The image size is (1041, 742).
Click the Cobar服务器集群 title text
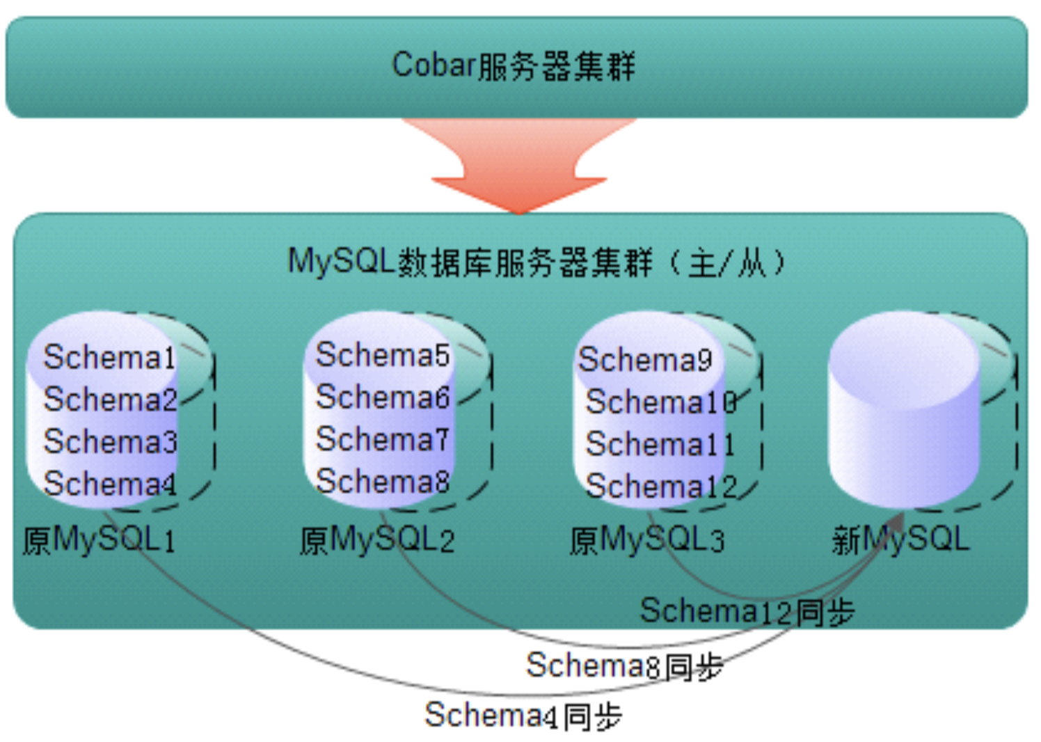[x=514, y=65]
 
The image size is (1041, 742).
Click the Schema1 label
[x=110, y=357]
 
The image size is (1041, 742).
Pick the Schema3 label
[x=110, y=441]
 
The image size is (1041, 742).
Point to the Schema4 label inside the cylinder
[x=110, y=484]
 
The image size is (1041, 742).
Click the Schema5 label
[x=383, y=355]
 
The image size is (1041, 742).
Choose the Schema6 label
[x=383, y=397]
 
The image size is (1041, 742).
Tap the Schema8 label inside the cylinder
[x=383, y=481]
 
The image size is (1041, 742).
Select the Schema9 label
[x=644, y=359]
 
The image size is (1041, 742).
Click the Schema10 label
[x=661, y=402]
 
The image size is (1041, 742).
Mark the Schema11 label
[x=660, y=444]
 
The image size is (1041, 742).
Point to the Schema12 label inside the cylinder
[x=661, y=486]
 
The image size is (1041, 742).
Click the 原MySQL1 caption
[x=99, y=540]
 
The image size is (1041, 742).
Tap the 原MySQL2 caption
[x=377, y=540]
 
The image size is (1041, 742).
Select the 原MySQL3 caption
[x=647, y=540]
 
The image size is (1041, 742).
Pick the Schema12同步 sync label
[x=747, y=611]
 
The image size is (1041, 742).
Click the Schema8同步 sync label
[x=625, y=665]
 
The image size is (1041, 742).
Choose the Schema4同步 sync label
[x=523, y=716]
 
